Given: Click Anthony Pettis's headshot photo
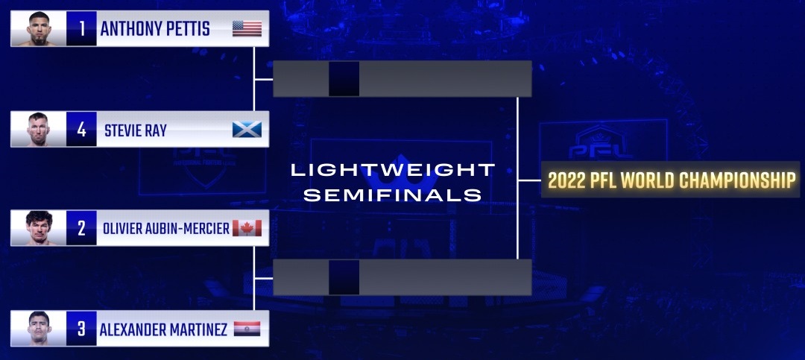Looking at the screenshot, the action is coord(39,29).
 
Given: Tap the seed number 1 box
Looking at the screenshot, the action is coord(81,29).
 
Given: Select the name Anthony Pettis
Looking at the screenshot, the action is coord(155,29).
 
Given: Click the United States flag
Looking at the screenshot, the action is coord(247,29).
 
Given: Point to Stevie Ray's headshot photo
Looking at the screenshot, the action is coord(39,130).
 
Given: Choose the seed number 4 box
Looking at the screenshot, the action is coord(81,130).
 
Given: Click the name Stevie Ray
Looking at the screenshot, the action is coord(136,130).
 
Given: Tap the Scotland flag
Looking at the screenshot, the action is coord(247,130).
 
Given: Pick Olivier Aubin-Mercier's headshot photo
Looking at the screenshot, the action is coord(39,228).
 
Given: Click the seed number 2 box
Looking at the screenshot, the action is coord(81,228).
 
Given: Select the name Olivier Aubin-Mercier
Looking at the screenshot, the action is coord(166,229).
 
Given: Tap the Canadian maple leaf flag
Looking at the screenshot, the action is coord(247,228).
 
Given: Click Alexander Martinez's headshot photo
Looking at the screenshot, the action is coord(39,328).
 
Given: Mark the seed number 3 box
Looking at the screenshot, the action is coord(81,328).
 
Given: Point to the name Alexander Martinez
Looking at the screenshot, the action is coord(163,329).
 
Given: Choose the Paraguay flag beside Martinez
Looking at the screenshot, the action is coord(247,329).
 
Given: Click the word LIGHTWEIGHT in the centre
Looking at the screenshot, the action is coord(393,170).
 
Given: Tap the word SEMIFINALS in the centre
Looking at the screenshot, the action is coord(393,195).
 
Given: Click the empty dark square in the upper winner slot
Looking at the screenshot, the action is coord(344,78).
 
